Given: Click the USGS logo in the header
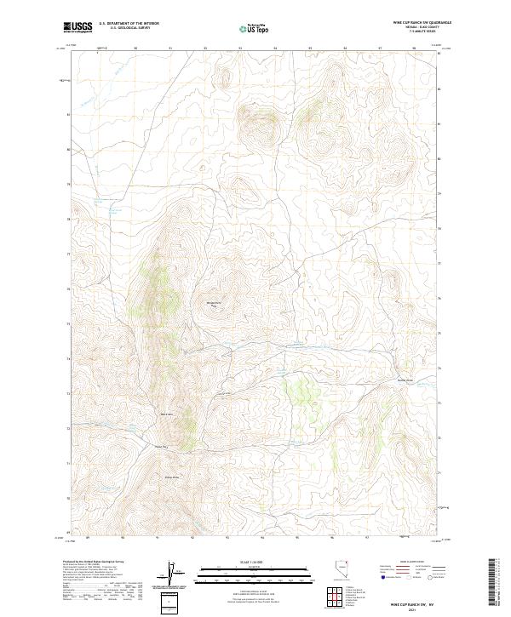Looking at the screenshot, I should coord(79,28).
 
